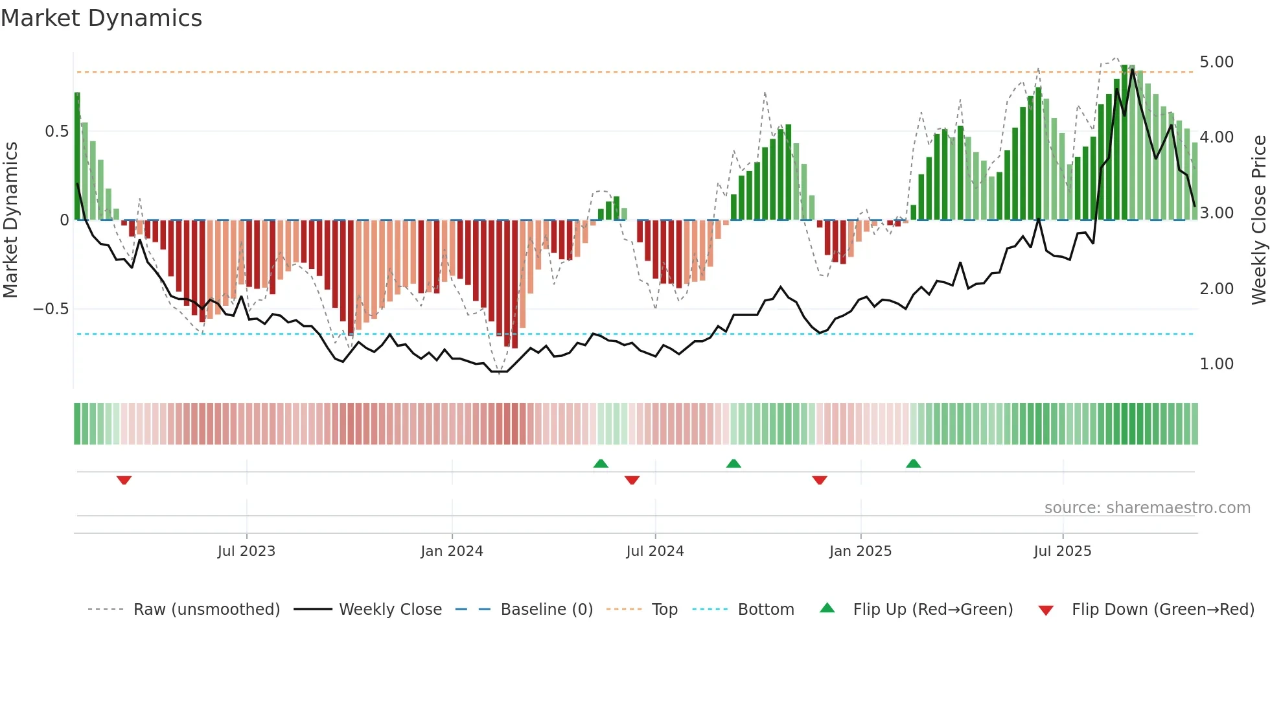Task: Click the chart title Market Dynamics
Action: (101, 18)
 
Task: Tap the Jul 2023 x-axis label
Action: (246, 551)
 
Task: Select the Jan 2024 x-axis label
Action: (452, 551)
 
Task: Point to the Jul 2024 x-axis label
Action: (654, 551)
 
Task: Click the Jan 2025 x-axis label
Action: (860, 551)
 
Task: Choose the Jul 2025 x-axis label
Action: (1062, 551)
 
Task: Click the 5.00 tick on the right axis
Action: (1216, 62)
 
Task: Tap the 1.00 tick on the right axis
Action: (1216, 364)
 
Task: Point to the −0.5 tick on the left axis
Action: (51, 309)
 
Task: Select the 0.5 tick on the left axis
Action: (56, 132)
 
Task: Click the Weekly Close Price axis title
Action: (1258, 220)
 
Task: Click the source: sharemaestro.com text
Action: (1147, 508)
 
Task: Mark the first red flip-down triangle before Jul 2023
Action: (124, 480)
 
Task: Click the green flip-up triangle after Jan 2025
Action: (913, 463)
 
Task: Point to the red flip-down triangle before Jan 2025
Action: (819, 480)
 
